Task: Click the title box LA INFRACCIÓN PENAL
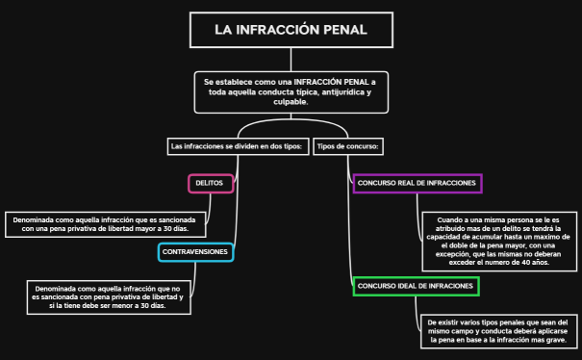tap(291, 30)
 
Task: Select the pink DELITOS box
tap(210, 182)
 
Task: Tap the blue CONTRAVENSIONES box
tap(195, 252)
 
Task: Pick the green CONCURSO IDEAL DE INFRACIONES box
tap(416, 287)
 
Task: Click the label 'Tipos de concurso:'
tap(349, 146)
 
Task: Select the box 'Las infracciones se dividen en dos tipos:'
tap(238, 146)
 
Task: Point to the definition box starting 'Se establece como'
tap(291, 91)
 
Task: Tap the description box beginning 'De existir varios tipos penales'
tap(497, 331)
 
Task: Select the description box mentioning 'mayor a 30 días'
tap(107, 224)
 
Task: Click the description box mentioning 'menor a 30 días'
tap(107, 297)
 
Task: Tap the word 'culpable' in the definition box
tap(290, 101)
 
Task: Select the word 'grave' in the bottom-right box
tap(557, 341)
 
